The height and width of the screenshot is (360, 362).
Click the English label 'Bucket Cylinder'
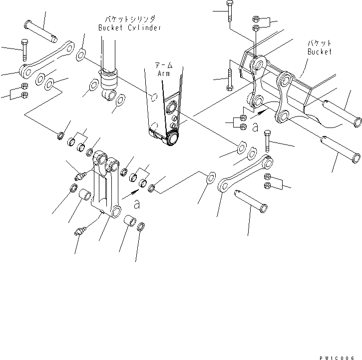pos(130,28)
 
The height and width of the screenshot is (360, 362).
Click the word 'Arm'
pos(164,73)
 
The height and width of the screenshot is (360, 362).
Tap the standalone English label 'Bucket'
pos(319,51)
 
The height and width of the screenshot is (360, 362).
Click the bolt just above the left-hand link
pos(23,50)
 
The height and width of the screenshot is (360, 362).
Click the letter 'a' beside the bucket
pos(255,128)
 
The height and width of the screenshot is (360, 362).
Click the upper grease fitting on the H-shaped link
pos(79,175)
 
